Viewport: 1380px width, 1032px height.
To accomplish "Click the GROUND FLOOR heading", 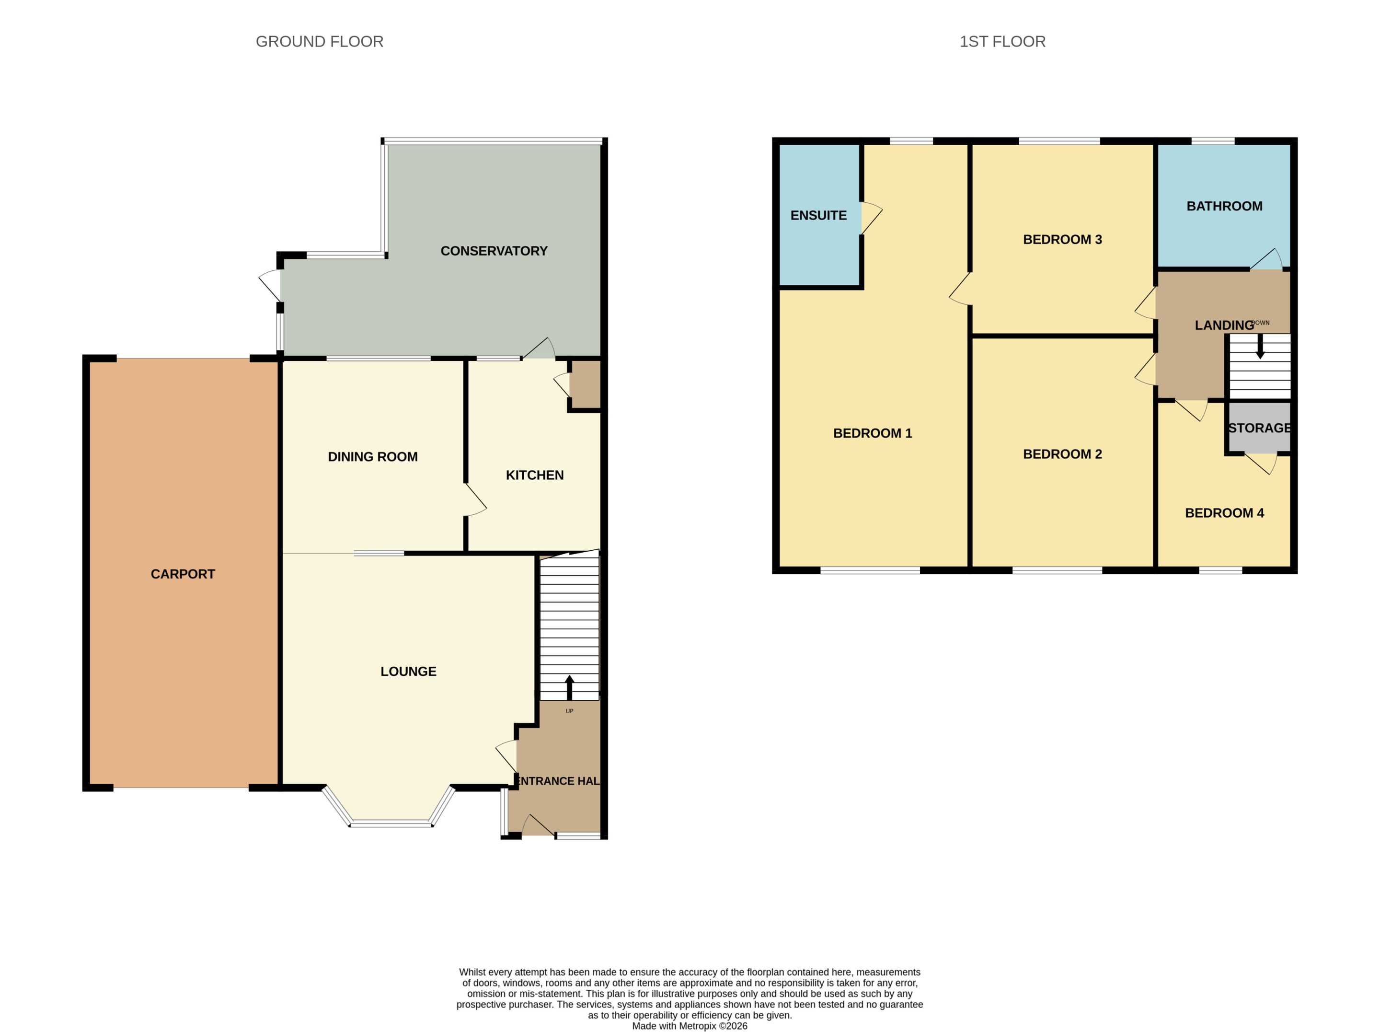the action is coord(320,42).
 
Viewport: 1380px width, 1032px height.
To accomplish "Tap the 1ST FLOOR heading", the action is coord(1002,42).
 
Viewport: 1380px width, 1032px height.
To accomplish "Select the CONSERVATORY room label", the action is coord(494,251).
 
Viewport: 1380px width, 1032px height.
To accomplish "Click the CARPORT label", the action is coord(183,574).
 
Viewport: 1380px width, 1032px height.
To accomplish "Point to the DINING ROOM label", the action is coord(372,457).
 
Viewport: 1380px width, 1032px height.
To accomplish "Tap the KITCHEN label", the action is coord(535,475).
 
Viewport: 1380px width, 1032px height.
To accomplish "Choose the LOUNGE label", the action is coord(408,672).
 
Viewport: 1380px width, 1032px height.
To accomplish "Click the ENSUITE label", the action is coord(818,215).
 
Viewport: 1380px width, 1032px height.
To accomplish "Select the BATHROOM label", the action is coord(1224,206).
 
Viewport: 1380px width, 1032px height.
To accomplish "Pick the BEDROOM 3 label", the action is coord(1062,240).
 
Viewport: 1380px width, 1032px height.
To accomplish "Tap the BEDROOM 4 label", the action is coord(1224,513).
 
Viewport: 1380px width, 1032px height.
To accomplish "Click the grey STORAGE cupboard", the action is coord(1259,428).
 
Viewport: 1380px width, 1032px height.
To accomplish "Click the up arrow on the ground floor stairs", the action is coord(569,687).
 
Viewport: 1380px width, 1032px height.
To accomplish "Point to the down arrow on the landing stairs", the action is coord(1260,346).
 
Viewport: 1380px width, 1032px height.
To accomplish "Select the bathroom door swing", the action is coord(1267,258).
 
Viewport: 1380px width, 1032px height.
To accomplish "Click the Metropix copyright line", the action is coord(690,1026).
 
